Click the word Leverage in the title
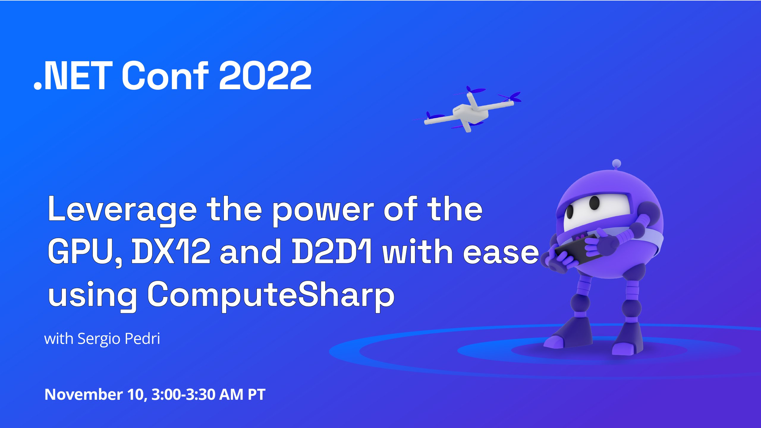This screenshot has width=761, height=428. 122,210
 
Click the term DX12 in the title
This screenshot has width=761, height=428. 171,252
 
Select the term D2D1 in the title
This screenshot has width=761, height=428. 331,252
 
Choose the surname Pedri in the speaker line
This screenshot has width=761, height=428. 142,339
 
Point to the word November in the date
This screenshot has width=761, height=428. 83,394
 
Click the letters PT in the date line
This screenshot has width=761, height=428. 257,394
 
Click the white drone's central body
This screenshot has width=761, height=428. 470,113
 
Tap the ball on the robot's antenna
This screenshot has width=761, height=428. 617,163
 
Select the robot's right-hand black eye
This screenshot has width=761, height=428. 595,202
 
